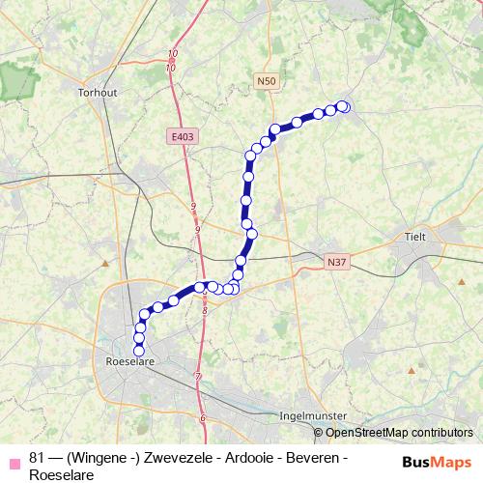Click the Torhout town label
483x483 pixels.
pyautogui.click(x=97, y=94)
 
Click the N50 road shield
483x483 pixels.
pyautogui.click(x=268, y=82)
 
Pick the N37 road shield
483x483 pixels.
pyautogui.click(x=336, y=261)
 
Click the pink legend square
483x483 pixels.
pyautogui.click(x=14, y=458)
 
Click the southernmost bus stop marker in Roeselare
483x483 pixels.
pyautogui.click(x=139, y=351)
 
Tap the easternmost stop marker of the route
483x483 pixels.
pyautogui.click(x=344, y=107)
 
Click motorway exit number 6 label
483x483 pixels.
pyautogui.click(x=203, y=417)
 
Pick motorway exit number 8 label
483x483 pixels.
pyautogui.click(x=205, y=311)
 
